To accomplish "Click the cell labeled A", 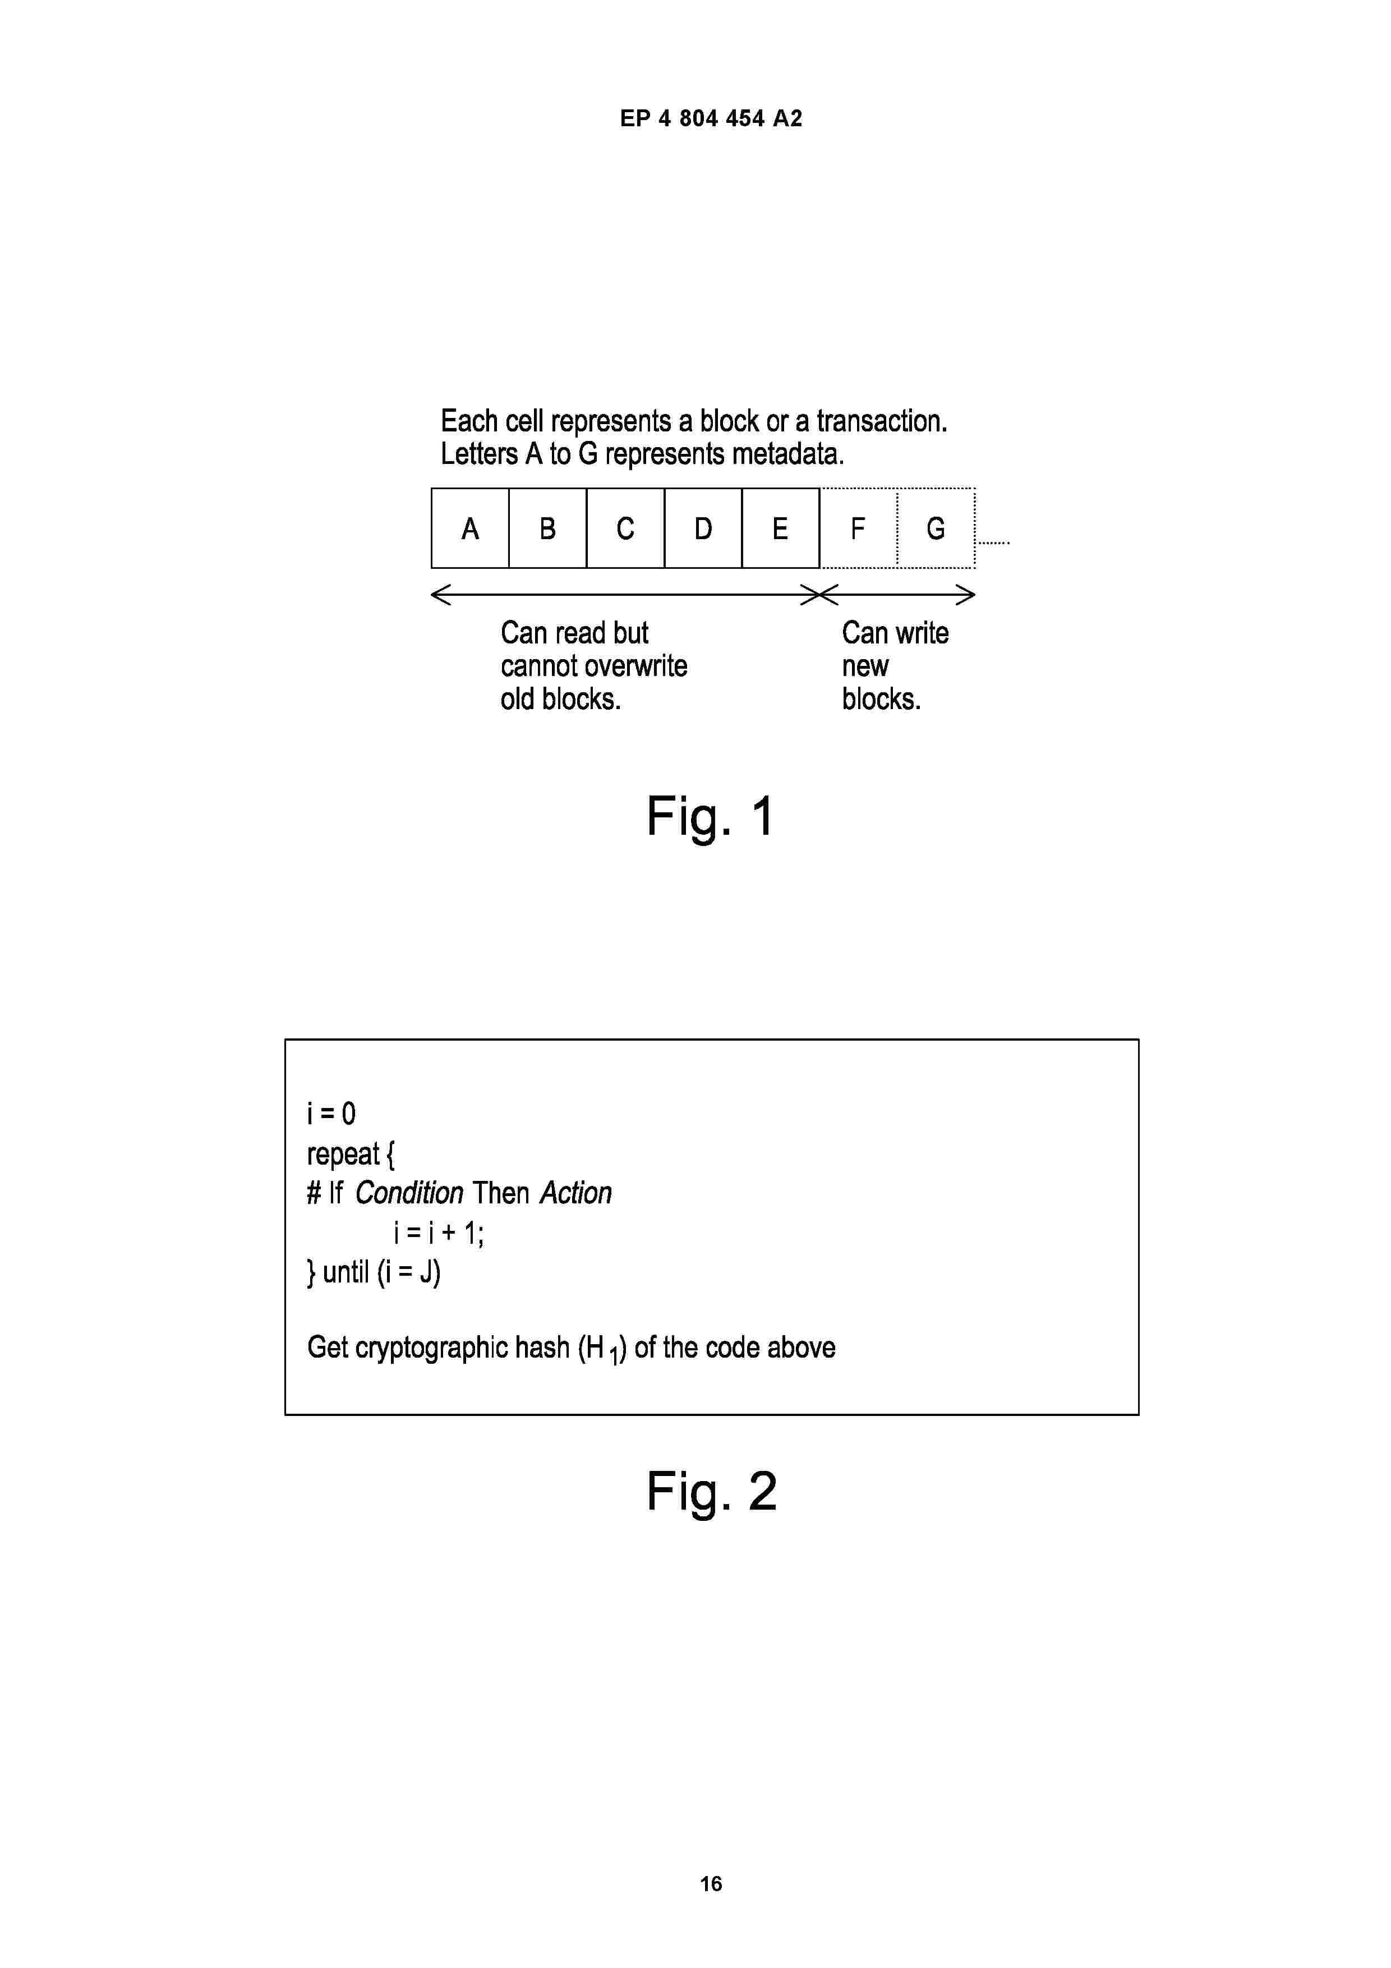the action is tap(469, 528).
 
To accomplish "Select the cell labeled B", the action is tap(547, 528).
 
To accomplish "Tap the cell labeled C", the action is tap(625, 528).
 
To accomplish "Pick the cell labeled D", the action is tap(703, 528).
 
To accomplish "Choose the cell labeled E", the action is tap(781, 528).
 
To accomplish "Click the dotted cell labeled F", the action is tap(859, 528).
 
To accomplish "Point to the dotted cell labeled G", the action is tap(936, 528).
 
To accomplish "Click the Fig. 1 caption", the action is tap(711, 816).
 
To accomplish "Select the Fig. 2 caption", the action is tap(711, 1492).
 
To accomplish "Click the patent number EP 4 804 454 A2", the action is tap(711, 118).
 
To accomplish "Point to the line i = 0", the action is tap(331, 1114).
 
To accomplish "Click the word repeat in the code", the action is tap(343, 1155).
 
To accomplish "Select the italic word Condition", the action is tap(409, 1193).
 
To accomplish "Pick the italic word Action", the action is tap(576, 1193).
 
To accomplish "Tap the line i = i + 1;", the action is tap(439, 1234).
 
